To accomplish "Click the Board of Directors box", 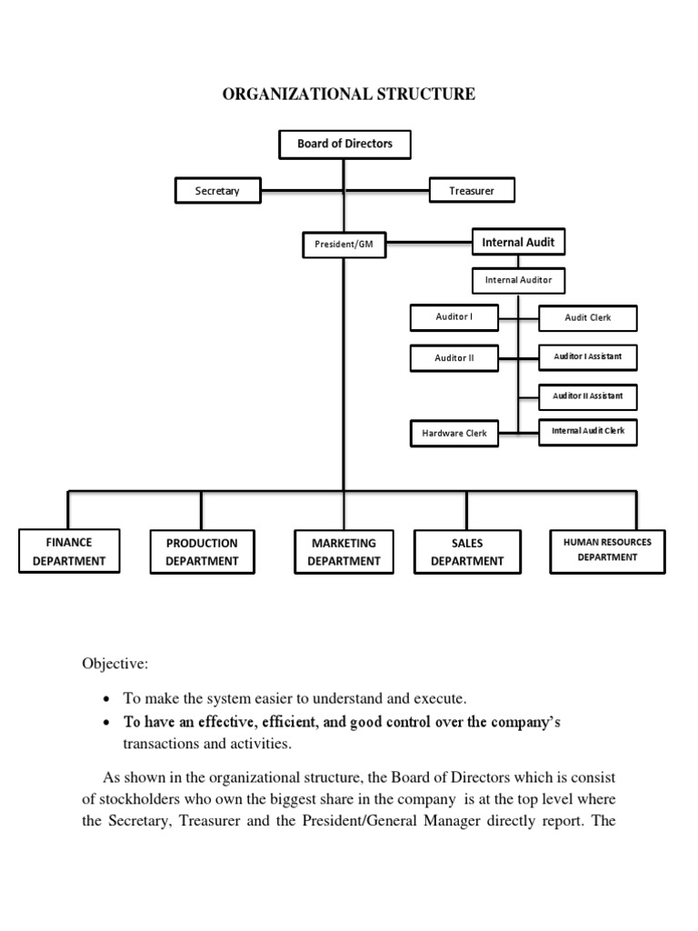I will [344, 144].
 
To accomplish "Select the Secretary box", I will [217, 191].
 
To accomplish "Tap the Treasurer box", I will [472, 191].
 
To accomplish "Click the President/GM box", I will [343, 244].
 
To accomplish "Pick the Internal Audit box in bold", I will [518, 243].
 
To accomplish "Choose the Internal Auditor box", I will [518, 280].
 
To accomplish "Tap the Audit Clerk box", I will [587, 319].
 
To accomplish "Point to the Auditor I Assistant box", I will [587, 357].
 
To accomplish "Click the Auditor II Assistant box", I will [587, 396].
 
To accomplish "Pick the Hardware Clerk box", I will [454, 434].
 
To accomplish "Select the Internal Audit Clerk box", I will [587, 432].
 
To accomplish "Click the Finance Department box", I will [69, 551].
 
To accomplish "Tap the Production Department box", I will [202, 552].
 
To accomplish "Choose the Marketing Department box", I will [344, 552].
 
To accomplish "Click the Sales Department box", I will [466, 552].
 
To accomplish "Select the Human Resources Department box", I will [607, 550].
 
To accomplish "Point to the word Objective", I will [114, 665].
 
